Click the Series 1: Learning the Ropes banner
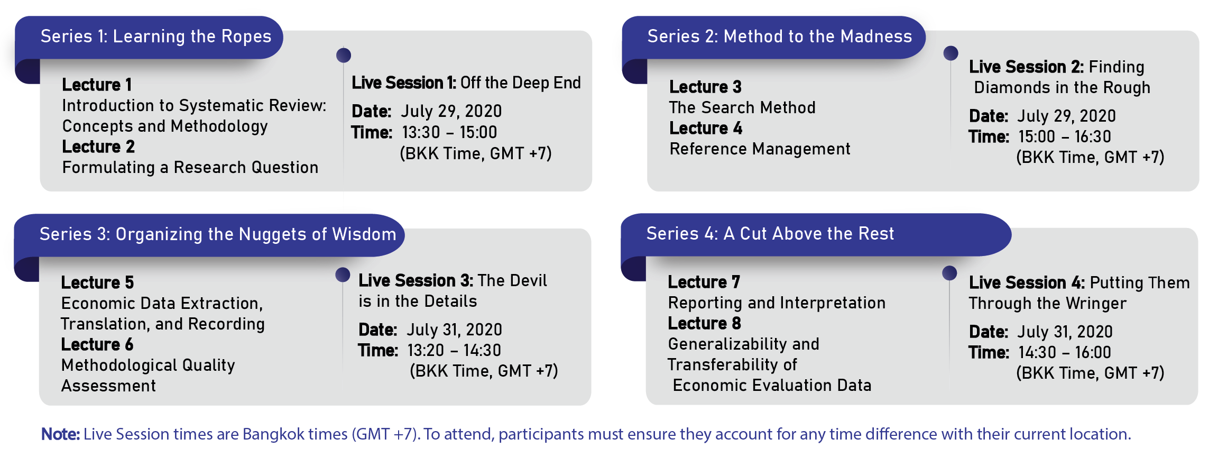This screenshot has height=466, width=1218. tap(156, 36)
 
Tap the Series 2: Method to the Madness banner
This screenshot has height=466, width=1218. tap(780, 36)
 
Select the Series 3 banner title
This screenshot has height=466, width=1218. tap(218, 234)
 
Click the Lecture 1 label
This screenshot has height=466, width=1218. tap(97, 85)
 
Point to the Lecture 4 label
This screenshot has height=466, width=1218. tap(706, 128)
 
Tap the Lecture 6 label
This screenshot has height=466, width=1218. tap(97, 344)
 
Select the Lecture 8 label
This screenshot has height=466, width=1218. tap(704, 323)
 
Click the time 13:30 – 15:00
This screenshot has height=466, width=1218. tap(449, 132)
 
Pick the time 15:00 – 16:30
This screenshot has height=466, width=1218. tap(1065, 136)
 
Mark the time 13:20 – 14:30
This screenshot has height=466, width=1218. tap(454, 350)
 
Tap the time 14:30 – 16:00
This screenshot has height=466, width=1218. tap(1065, 352)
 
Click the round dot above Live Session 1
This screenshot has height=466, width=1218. tap(344, 55)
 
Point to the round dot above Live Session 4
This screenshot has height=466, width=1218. tap(949, 273)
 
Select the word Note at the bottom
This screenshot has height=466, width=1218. tap(60, 434)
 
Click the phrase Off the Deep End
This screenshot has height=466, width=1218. tap(521, 83)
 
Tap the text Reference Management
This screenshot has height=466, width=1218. tap(760, 149)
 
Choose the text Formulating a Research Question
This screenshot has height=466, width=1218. tap(190, 168)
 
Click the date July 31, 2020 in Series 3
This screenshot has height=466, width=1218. tap(454, 330)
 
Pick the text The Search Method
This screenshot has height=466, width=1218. tap(742, 108)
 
